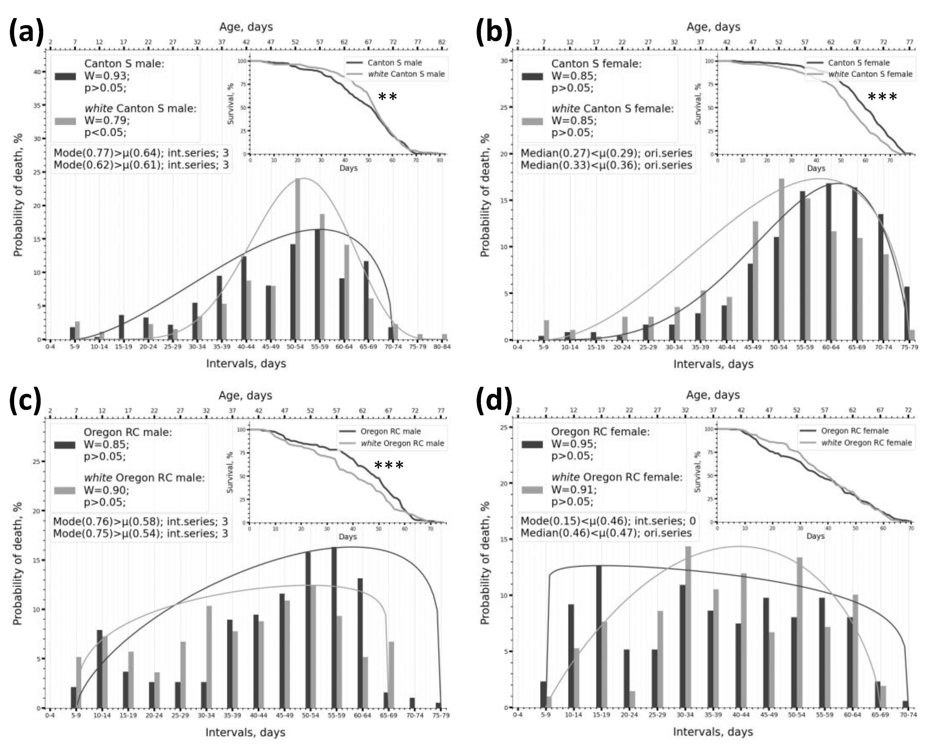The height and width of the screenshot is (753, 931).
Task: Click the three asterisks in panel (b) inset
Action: point(882,97)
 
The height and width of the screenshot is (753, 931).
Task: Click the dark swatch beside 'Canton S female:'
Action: point(532,76)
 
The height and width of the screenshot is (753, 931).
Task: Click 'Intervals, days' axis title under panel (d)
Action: point(713,732)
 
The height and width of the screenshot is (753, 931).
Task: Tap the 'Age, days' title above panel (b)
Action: point(713,27)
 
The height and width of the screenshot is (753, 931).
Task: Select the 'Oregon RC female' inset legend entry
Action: point(854,431)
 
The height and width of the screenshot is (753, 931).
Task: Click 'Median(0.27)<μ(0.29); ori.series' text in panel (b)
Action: point(606,153)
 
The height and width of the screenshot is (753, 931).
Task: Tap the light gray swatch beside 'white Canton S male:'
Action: point(65,121)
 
